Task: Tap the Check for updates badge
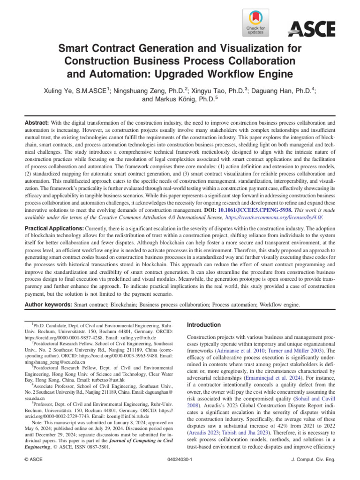point(255,23)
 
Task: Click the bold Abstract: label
point(37,121)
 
